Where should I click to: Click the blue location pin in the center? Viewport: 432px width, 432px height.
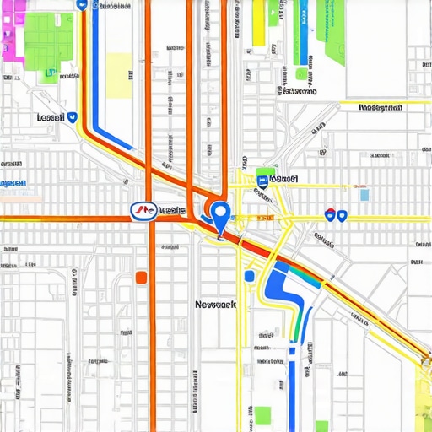click(220, 214)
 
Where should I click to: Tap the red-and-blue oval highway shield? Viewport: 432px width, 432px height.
click(143, 211)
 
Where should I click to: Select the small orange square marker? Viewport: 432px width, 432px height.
click(141, 277)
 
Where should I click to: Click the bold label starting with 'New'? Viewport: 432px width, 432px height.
click(215, 304)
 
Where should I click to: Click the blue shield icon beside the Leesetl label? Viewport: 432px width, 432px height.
click(73, 119)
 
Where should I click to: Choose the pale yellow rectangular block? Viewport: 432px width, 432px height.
click(118, 76)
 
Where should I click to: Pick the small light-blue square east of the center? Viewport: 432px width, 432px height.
click(364, 195)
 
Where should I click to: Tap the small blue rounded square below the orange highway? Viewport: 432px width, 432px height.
click(249, 276)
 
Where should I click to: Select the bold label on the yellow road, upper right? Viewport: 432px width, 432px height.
click(381, 108)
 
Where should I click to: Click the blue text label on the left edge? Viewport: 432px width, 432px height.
click(13, 183)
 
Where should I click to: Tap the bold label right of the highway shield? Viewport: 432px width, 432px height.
click(171, 211)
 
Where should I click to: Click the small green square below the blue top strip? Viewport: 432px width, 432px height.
click(301, 73)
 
